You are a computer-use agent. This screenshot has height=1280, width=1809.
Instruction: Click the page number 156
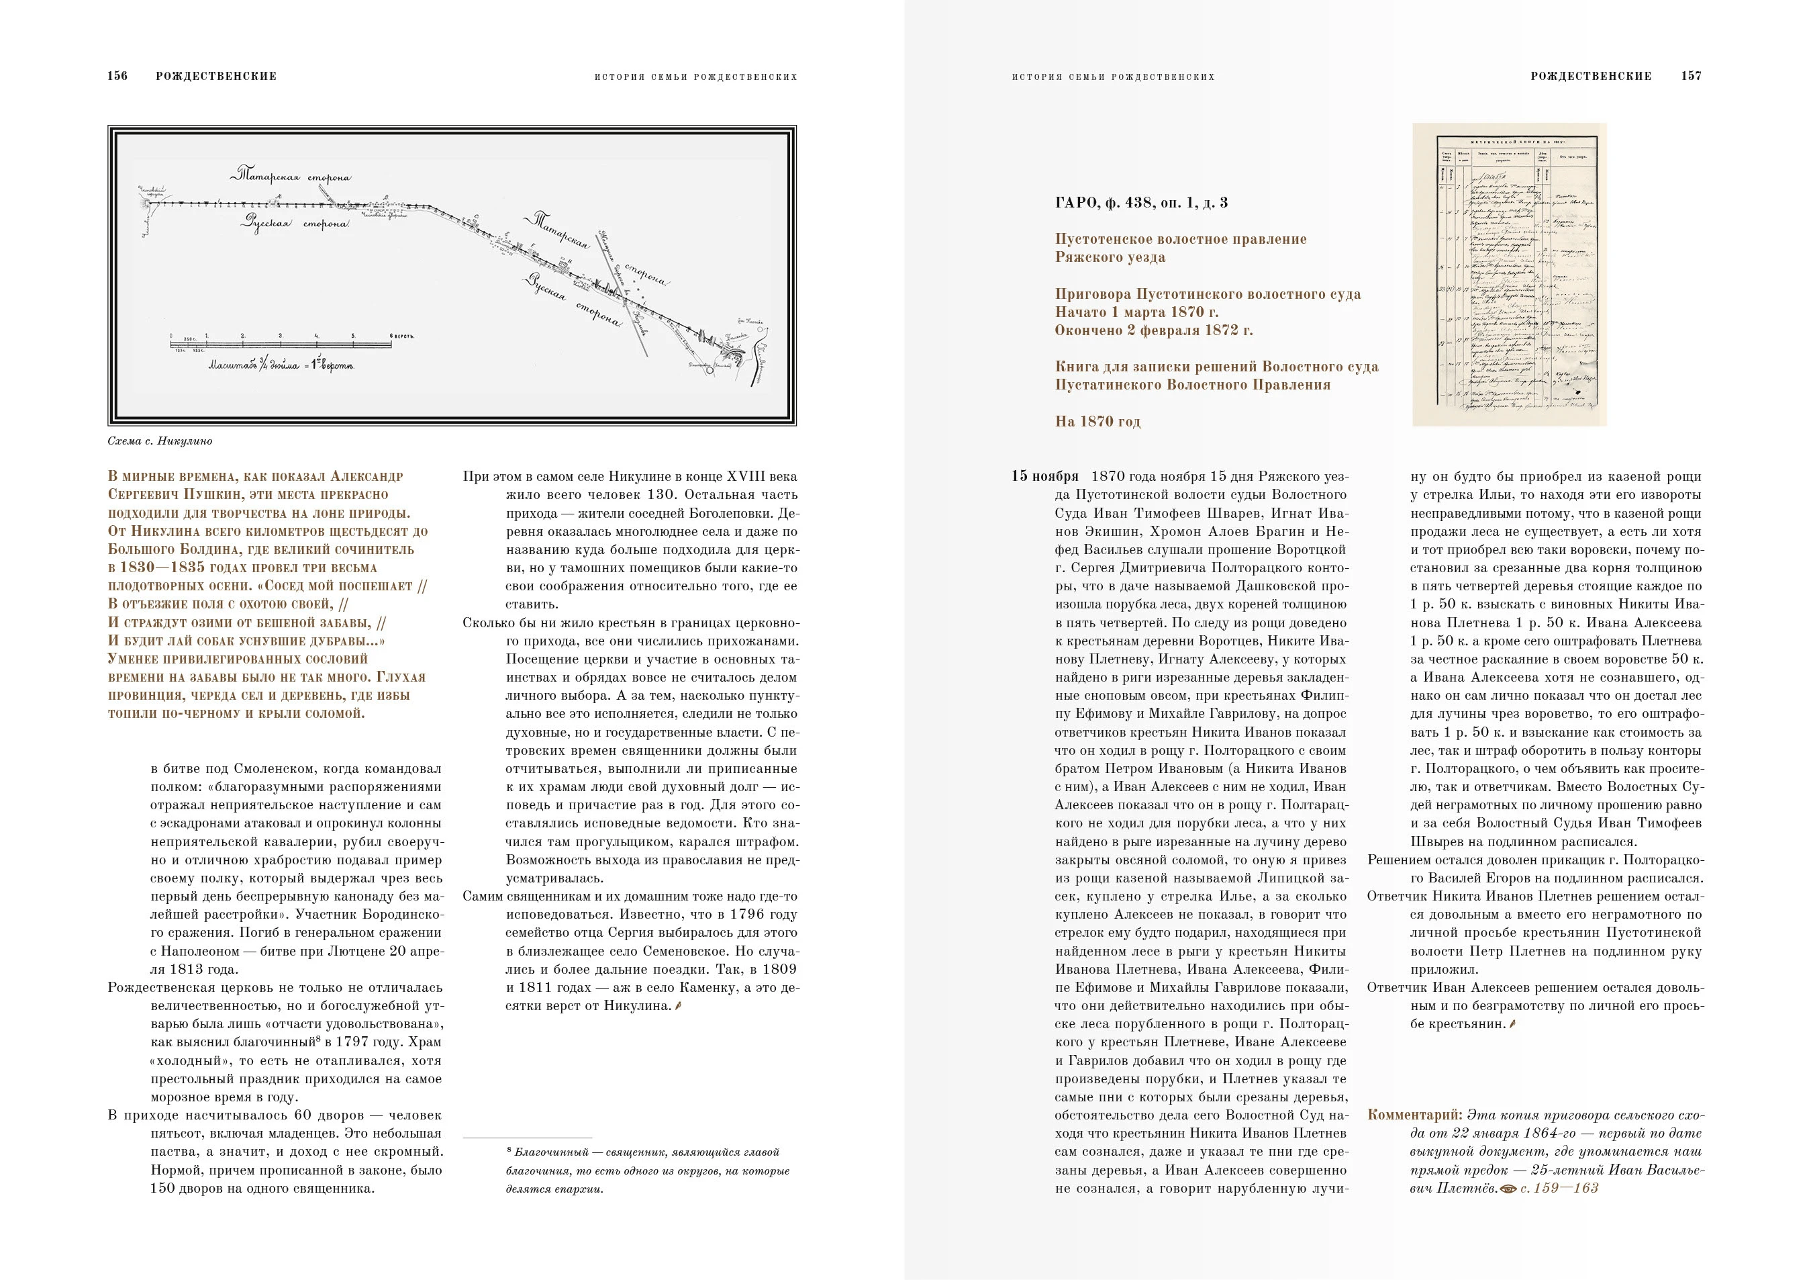(x=117, y=77)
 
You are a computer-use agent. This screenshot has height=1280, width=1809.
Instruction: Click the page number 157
(x=1691, y=77)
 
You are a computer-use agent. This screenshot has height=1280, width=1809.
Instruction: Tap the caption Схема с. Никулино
(x=160, y=441)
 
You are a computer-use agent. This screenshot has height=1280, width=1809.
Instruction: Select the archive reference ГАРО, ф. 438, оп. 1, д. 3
(x=1141, y=203)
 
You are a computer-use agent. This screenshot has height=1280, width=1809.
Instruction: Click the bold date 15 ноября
(x=1044, y=477)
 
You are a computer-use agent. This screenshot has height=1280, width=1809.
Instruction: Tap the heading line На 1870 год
(x=1097, y=422)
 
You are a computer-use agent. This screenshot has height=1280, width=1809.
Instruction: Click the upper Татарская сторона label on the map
(x=292, y=175)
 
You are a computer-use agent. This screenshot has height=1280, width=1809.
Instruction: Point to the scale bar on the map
(x=281, y=341)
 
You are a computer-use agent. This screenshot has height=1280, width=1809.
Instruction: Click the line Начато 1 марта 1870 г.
(x=1137, y=312)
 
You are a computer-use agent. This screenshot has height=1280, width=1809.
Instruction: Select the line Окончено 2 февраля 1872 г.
(x=1153, y=330)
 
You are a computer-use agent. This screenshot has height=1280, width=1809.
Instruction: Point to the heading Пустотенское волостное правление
(x=1180, y=239)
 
